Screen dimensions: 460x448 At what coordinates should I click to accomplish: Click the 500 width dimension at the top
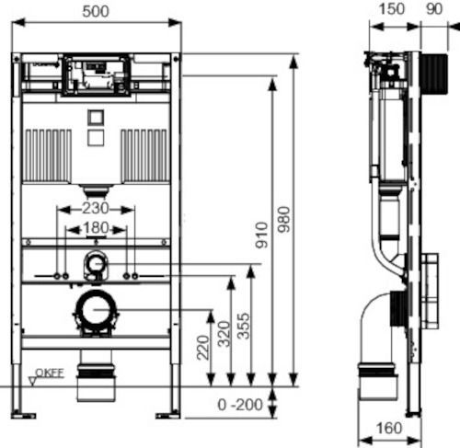coord(96,11)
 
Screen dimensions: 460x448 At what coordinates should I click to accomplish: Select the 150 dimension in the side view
coord(392,9)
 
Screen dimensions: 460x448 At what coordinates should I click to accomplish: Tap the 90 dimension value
coord(434,9)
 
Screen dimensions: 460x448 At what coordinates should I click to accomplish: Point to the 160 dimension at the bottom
coord(389,428)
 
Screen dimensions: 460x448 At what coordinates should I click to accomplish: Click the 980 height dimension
coord(284,219)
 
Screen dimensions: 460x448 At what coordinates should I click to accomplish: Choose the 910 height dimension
coord(262,235)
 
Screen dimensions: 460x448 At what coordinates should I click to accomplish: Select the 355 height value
coord(244,326)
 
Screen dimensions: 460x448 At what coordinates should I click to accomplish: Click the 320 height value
coord(224,334)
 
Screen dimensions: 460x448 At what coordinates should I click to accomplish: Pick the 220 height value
coord(203,347)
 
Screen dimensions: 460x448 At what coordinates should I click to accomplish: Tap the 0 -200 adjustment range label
coord(240,405)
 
